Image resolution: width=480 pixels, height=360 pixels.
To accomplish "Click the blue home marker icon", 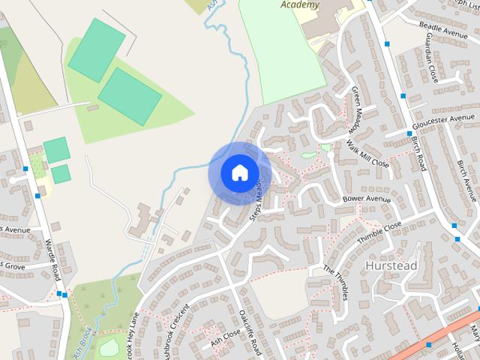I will click(x=239, y=172).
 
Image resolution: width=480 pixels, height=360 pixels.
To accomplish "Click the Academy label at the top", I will click(x=300, y=4).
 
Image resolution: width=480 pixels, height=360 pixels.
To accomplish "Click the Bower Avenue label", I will click(x=367, y=199).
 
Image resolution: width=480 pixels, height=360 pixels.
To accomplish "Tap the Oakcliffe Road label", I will click(x=248, y=330).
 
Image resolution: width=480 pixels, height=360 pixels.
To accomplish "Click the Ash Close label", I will click(x=225, y=335).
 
